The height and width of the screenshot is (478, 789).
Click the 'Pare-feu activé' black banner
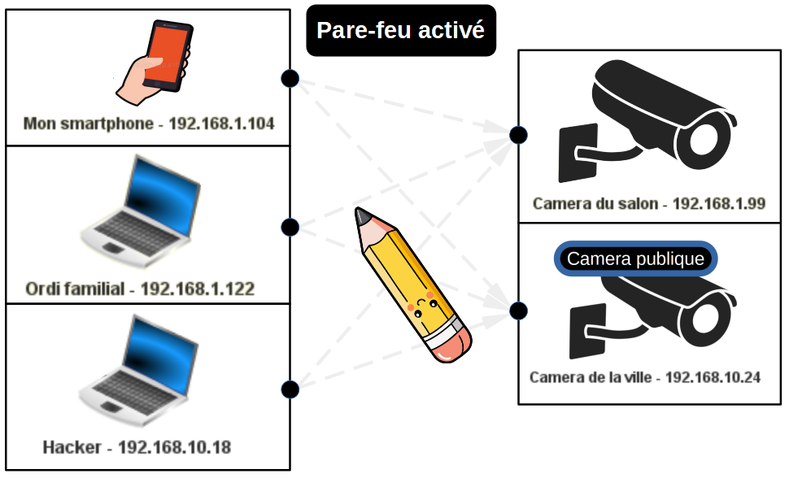click(x=401, y=31)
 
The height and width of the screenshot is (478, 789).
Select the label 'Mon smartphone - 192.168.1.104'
click(x=149, y=124)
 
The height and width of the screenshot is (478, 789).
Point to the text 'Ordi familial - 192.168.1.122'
click(x=140, y=289)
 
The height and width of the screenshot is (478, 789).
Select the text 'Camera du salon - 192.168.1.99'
click(x=648, y=203)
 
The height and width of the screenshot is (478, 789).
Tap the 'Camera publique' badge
click(x=635, y=259)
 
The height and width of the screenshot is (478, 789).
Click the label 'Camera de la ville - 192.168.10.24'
click(x=644, y=377)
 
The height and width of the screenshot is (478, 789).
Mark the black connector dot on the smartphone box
click(x=290, y=78)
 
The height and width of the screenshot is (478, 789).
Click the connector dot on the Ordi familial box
click(x=290, y=227)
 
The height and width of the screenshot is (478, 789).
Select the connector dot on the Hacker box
click(x=290, y=389)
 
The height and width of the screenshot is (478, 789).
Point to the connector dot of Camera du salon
click(x=518, y=135)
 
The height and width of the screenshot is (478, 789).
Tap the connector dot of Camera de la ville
click(x=518, y=311)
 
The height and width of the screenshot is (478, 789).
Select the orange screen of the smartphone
click(x=166, y=54)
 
